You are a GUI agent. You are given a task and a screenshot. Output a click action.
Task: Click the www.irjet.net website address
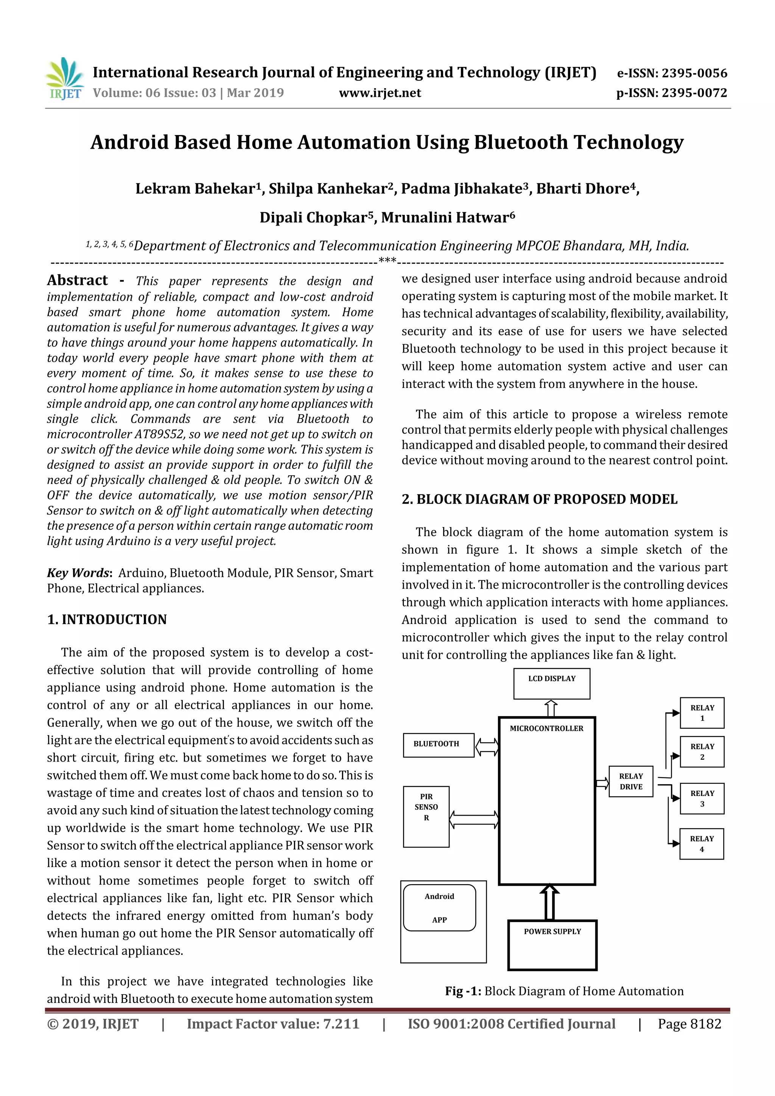[380, 93]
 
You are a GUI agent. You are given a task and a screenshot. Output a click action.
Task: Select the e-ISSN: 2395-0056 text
[672, 73]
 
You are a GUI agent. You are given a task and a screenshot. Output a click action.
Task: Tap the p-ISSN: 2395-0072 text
[671, 93]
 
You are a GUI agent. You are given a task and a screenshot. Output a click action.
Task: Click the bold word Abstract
[77, 280]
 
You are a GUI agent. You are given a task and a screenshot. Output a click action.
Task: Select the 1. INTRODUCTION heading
[107, 620]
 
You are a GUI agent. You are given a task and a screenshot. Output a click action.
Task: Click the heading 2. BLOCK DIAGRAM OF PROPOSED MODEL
[539, 499]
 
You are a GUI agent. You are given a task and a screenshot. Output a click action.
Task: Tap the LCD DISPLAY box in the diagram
[551, 684]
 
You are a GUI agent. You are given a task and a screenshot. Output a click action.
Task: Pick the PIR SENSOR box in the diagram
[426, 816]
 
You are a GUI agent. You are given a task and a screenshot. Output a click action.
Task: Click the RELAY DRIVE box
[630, 782]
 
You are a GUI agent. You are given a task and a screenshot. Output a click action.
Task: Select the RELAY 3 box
[702, 799]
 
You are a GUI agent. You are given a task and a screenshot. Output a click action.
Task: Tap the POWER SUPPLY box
[552, 945]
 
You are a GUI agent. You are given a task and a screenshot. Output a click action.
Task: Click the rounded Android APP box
[439, 908]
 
